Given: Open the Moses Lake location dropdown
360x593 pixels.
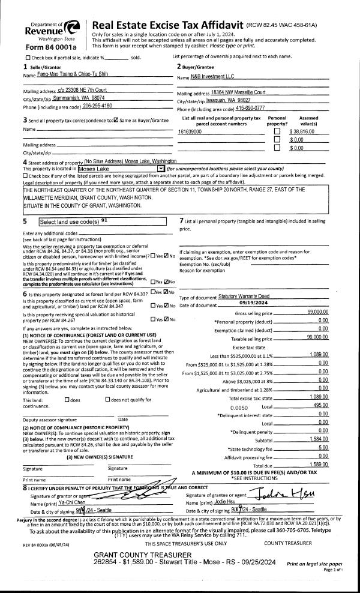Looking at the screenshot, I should click(x=160, y=169).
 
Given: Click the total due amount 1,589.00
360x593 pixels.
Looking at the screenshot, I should click(x=317, y=464).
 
